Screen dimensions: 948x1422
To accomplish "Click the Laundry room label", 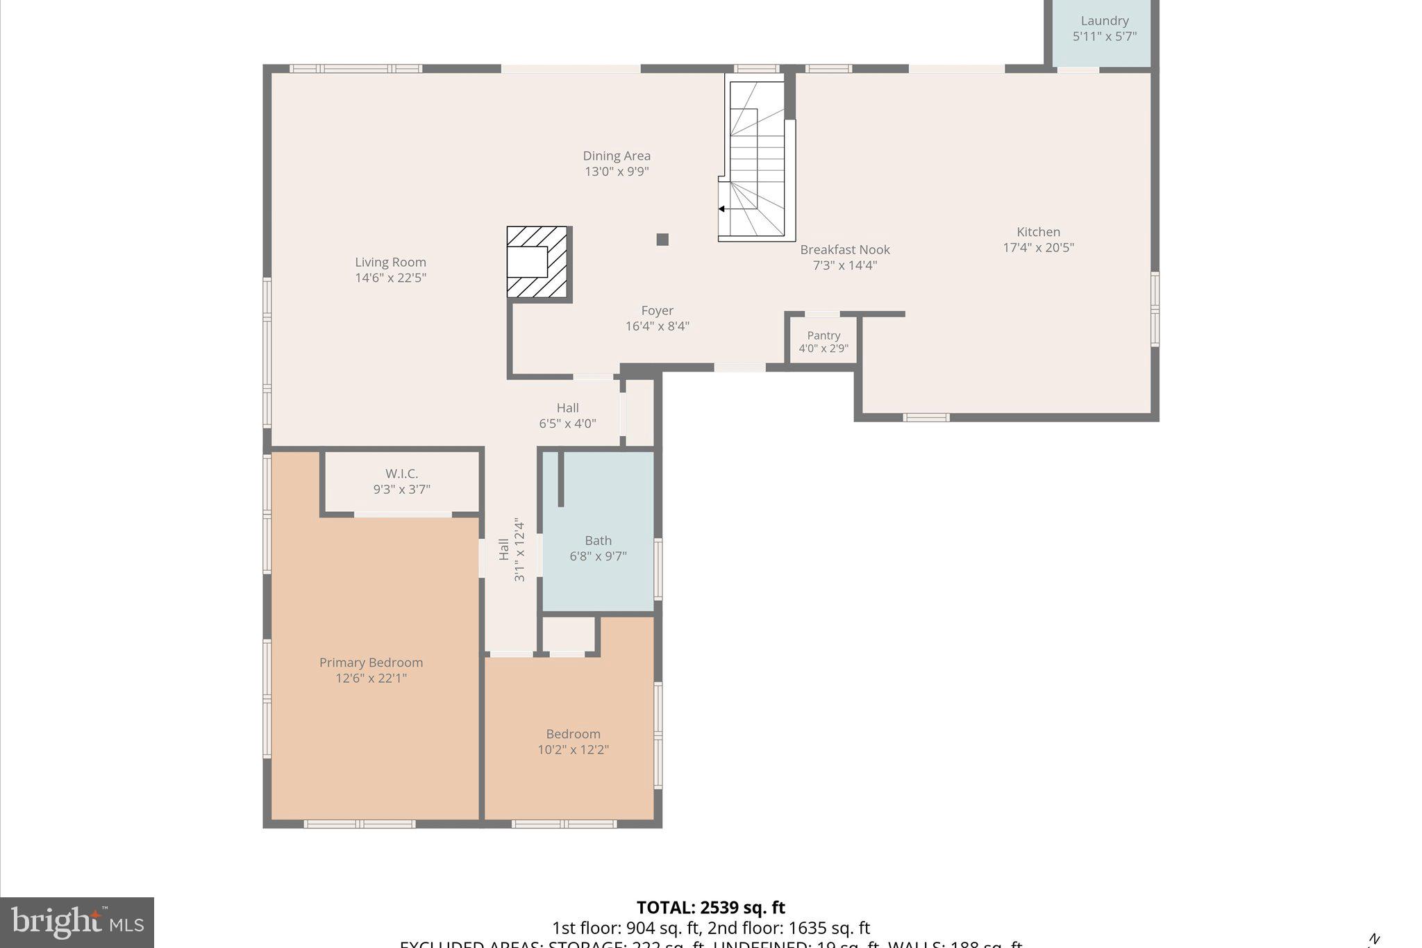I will [x=1104, y=21].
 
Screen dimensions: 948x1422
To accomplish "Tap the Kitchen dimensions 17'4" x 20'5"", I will [x=1038, y=247].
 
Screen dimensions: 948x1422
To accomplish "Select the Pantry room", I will [x=823, y=341].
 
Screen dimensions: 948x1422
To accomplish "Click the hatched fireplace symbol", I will [x=538, y=263].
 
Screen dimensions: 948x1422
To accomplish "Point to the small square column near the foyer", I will [x=662, y=240].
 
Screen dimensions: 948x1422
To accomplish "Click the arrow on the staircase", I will [x=722, y=208].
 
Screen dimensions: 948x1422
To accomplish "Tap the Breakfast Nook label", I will [x=844, y=249].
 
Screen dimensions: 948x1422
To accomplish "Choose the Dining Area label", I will [x=617, y=156].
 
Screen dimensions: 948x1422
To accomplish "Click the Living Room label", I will [x=390, y=262].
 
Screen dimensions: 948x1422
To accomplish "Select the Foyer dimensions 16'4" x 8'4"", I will [x=657, y=326].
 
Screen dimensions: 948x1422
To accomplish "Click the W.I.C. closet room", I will [x=401, y=481].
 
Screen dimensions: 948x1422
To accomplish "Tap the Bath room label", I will [x=598, y=540].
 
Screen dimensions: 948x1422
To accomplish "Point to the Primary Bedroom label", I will [x=371, y=663].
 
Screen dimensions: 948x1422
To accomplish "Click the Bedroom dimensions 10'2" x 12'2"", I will [x=573, y=749].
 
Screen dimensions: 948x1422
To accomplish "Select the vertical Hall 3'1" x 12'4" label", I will [x=512, y=549].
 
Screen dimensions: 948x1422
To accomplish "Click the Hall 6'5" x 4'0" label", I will [x=567, y=415].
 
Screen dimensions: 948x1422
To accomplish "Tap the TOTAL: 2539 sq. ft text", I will [x=710, y=908].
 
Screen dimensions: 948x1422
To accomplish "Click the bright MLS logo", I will [x=77, y=922].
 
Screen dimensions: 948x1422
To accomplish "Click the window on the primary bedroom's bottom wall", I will [x=360, y=824].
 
